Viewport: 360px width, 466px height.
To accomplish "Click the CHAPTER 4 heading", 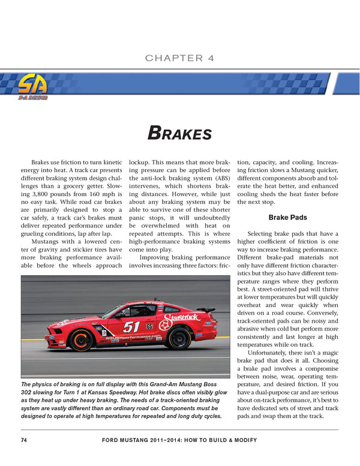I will [x=179, y=58].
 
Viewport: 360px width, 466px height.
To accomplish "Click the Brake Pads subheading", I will [x=287, y=218].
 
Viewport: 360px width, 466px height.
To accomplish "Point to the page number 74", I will [x=24, y=440].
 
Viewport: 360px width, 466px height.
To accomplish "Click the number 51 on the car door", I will [x=131, y=327].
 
